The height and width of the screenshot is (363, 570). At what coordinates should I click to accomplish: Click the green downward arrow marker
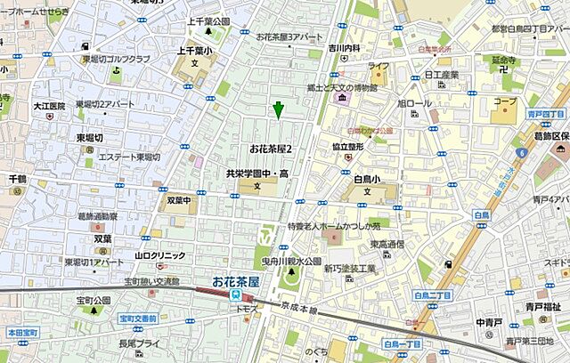pos(278,110)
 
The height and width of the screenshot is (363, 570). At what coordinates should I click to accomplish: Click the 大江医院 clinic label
pos(49,106)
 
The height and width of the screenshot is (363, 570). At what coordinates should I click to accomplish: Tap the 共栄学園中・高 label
pos(257,173)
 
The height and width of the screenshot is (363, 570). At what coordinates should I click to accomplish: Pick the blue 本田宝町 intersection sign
pos(20,332)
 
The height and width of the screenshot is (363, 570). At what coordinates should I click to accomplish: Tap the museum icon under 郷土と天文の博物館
pos(342,96)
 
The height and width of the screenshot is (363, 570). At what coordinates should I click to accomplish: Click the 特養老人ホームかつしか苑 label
pos(331,227)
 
